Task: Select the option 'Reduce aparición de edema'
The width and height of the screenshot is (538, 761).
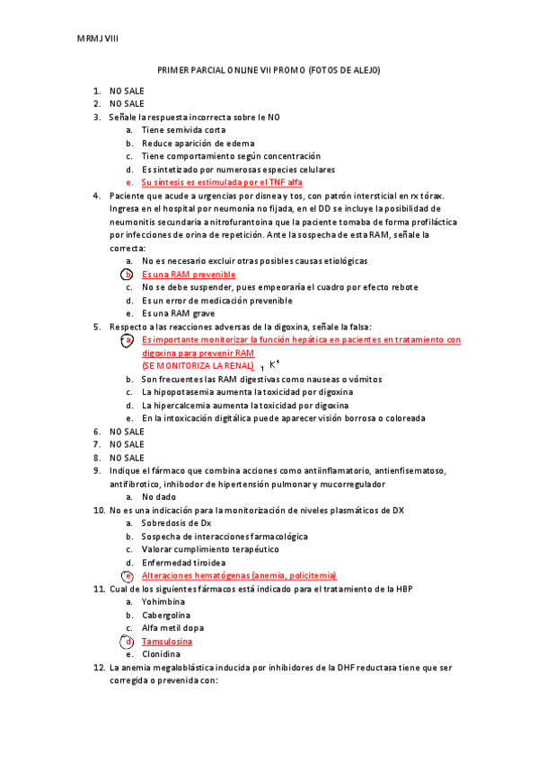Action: click(198, 144)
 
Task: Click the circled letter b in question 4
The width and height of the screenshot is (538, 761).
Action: click(128, 275)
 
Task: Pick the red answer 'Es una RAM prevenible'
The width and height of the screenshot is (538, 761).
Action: click(189, 275)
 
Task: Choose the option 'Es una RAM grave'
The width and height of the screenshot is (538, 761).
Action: click(178, 313)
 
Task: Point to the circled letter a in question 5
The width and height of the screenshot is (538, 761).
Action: click(128, 341)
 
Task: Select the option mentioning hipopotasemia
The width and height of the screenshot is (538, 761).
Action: click(247, 392)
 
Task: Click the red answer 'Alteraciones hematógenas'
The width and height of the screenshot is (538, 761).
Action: click(238, 575)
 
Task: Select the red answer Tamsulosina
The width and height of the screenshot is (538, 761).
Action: click(166, 642)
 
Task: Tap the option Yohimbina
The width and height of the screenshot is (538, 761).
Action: click(163, 602)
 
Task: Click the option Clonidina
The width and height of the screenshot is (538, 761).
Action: click(161, 654)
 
